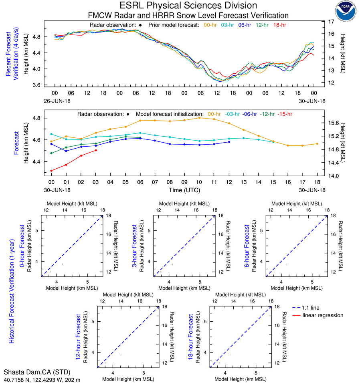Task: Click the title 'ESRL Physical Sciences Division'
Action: [188, 6]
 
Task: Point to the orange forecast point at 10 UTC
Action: [199, 118]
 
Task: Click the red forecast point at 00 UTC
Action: [51, 171]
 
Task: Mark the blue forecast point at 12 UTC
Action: [229, 142]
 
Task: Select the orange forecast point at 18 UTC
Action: [317, 144]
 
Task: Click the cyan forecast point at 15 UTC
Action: [273, 142]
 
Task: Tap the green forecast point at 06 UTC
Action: [140, 138]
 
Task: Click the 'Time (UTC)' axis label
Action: [184, 190]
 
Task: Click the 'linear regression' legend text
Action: [323, 315]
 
